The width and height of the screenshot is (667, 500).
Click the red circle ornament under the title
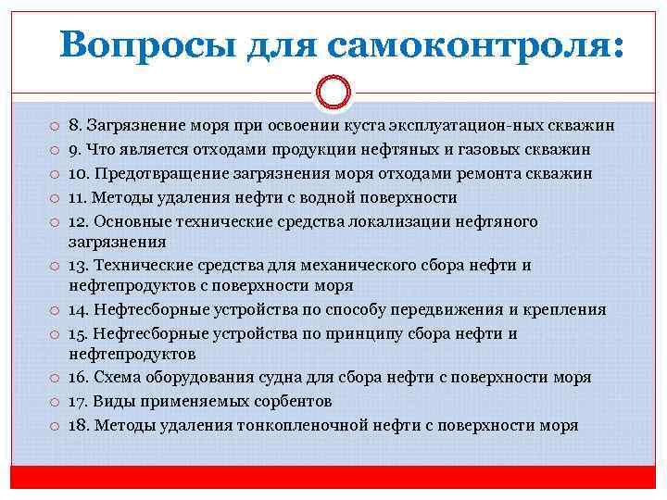tap(333, 92)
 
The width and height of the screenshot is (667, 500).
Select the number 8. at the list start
tap(76, 126)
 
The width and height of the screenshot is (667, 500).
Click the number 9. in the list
tap(76, 150)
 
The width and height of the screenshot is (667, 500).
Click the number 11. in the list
tap(80, 197)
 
